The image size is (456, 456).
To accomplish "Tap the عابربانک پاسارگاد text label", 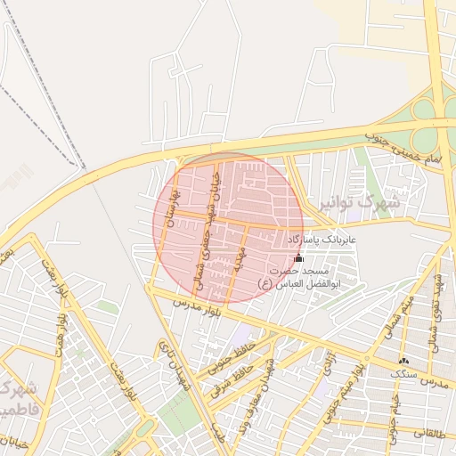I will click(321, 240).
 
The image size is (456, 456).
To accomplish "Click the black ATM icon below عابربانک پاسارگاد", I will click(298, 258).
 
